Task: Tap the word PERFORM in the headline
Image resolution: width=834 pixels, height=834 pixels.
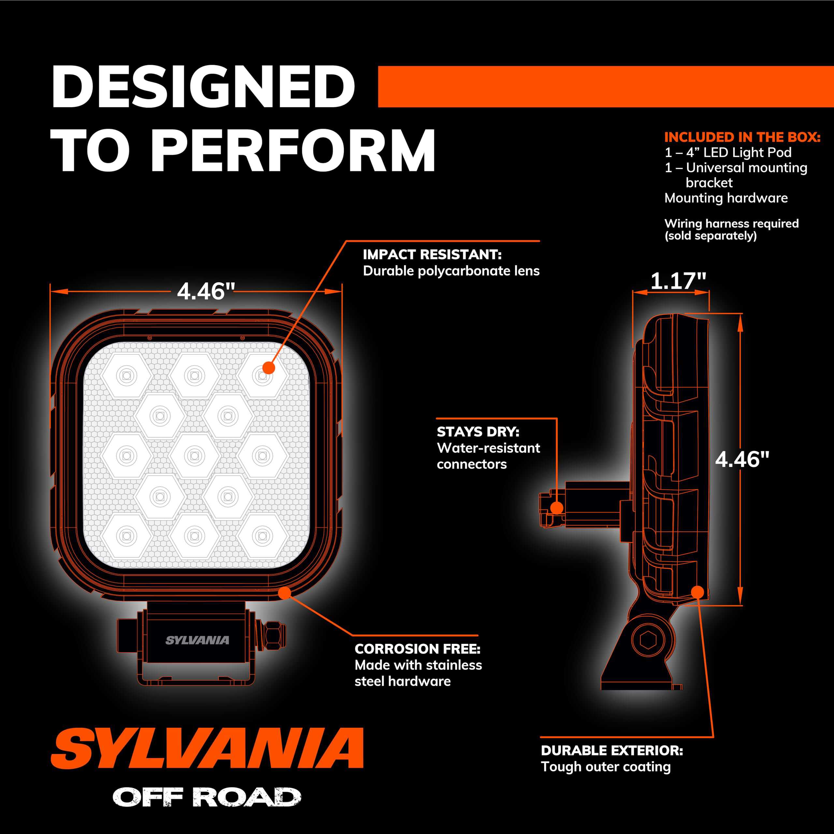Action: [x=294, y=151]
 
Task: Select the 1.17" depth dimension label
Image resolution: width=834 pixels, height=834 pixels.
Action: [x=678, y=281]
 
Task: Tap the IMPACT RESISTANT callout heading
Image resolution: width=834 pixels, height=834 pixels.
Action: [x=432, y=255]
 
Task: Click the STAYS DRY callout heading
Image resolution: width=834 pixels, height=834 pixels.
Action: [x=478, y=432]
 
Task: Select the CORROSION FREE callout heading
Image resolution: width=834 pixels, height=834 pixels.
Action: [x=417, y=649]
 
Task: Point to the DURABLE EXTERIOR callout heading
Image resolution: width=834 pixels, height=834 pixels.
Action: [x=612, y=750]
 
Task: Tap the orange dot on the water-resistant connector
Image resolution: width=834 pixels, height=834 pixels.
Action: [x=557, y=508]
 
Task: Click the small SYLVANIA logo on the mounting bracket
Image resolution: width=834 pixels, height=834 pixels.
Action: [x=197, y=640]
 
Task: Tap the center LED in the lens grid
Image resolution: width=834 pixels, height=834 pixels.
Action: [x=194, y=455]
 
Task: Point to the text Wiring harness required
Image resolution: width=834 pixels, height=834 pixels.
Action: [x=731, y=223]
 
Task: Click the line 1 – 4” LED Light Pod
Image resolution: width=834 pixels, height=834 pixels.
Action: [x=728, y=152]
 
